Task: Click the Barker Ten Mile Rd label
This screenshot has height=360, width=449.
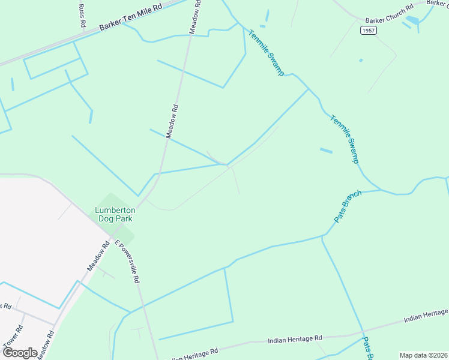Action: tap(131, 17)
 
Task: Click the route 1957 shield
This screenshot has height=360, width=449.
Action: tap(369, 30)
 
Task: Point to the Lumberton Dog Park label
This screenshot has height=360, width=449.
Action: tap(115, 214)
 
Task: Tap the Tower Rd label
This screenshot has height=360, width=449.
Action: tap(12, 336)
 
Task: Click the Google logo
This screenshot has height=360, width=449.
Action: tap(20, 352)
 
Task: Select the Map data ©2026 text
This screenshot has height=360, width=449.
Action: tap(423, 355)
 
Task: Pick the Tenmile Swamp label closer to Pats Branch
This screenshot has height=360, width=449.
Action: tap(345, 139)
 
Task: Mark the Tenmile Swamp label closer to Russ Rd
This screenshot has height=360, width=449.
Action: tap(266, 53)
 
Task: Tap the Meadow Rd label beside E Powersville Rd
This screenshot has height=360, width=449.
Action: tap(98, 256)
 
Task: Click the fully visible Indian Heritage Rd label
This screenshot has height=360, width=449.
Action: tap(295, 340)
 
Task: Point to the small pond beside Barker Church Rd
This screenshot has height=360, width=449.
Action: tap(412, 20)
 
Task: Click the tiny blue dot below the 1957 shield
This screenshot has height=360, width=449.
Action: tap(360, 60)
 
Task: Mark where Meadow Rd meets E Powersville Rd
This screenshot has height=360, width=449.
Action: tap(112, 236)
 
